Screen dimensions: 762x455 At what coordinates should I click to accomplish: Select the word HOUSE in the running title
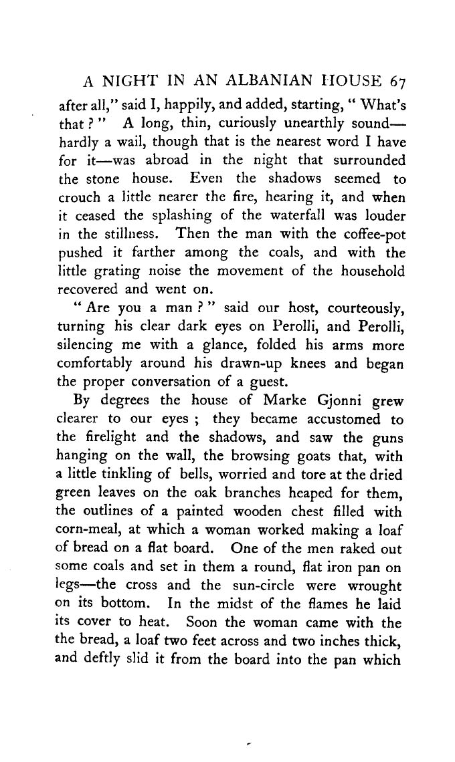pyautogui.click(x=337, y=82)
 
